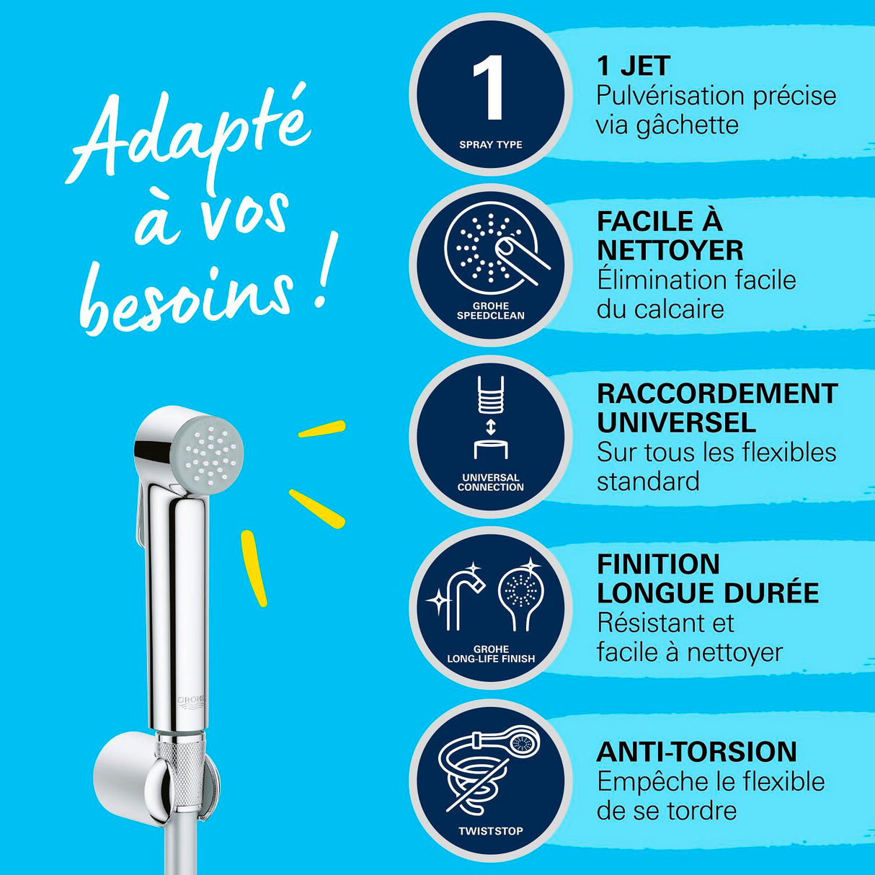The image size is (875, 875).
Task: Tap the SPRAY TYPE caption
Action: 491,145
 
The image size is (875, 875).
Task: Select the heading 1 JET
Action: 634,66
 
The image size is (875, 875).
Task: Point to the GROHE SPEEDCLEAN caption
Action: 491,311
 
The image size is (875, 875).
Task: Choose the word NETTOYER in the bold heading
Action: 670,250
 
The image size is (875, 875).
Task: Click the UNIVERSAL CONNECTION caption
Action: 491,482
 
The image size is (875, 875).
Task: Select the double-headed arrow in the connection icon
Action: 491,427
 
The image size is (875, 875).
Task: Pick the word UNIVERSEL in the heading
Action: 676,422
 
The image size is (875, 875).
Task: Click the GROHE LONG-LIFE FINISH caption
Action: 491,654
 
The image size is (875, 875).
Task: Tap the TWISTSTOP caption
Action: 491,831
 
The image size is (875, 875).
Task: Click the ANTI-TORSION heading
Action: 697,752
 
